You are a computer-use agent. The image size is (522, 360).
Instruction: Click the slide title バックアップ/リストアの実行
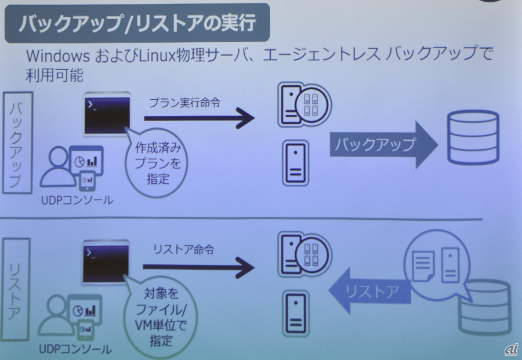click(137, 24)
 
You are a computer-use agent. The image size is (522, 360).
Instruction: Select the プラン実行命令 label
click(184, 103)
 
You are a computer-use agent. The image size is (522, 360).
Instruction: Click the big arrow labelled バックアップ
click(383, 144)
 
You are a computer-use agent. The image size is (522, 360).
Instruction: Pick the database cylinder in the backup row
click(473, 137)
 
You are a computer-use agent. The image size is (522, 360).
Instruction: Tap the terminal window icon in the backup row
click(106, 114)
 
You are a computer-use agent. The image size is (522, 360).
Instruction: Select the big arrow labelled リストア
click(369, 291)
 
